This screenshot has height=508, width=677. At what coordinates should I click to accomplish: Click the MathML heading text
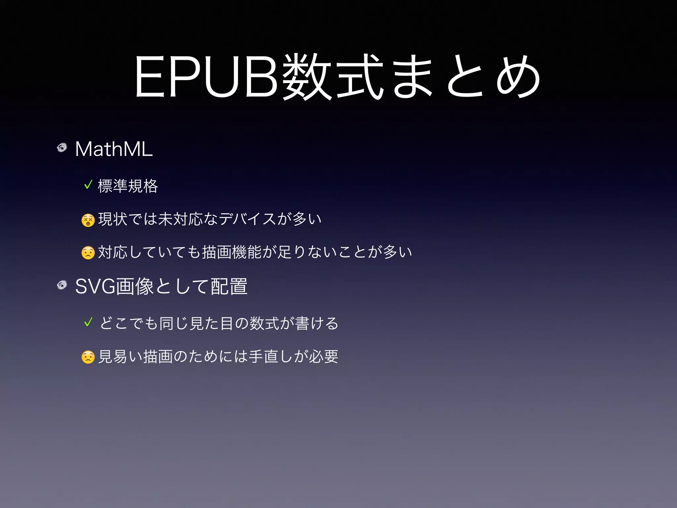click(x=114, y=149)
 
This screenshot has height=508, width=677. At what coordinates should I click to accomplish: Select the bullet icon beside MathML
click(x=62, y=148)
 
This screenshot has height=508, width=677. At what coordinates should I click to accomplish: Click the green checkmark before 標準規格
click(x=88, y=185)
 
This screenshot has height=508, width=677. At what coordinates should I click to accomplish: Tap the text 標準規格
click(x=128, y=186)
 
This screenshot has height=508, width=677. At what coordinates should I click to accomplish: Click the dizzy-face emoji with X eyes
click(x=88, y=220)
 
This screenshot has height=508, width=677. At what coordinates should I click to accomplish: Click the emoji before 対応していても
click(x=88, y=253)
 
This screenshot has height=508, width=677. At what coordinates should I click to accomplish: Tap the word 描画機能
click(x=231, y=252)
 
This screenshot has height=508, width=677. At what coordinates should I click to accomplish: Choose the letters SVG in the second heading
click(x=95, y=286)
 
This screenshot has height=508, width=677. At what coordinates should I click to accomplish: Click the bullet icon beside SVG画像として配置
click(x=62, y=285)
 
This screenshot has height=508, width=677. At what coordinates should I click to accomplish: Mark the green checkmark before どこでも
click(x=88, y=322)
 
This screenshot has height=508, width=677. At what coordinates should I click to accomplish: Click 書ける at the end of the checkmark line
click(x=317, y=323)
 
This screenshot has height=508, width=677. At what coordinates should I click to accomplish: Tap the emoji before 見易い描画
click(x=88, y=357)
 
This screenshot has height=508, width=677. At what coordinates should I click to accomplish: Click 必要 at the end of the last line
click(x=324, y=357)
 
